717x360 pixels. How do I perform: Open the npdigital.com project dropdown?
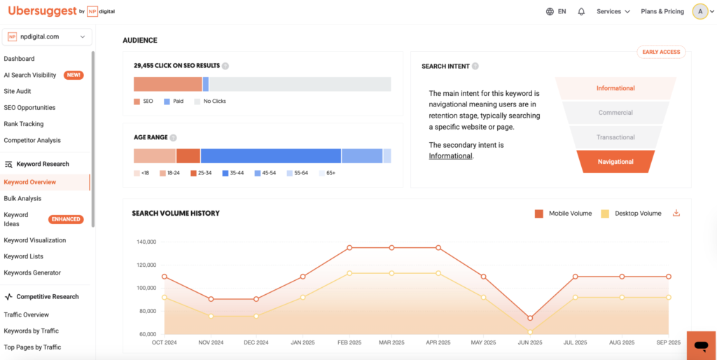click(46, 36)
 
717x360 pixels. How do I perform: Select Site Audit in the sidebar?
click(18, 91)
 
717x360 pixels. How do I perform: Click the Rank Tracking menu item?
click(24, 124)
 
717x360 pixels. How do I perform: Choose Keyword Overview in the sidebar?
click(29, 182)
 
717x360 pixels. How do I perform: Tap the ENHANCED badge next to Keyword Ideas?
click(66, 219)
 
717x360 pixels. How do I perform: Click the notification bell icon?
click(581, 12)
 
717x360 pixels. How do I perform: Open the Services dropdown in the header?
click(613, 12)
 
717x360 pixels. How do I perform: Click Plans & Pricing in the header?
click(662, 12)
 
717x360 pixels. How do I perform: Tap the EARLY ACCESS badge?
click(661, 53)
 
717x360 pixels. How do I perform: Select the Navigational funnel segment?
click(615, 162)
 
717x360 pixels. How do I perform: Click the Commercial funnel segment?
click(615, 113)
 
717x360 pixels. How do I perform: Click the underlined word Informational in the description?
click(450, 155)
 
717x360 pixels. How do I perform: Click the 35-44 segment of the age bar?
click(270, 155)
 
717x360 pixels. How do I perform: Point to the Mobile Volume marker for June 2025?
click(530, 318)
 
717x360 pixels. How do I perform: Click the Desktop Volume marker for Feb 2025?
click(349, 273)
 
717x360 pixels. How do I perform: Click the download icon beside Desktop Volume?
click(676, 214)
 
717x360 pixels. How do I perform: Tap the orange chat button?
click(700, 345)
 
